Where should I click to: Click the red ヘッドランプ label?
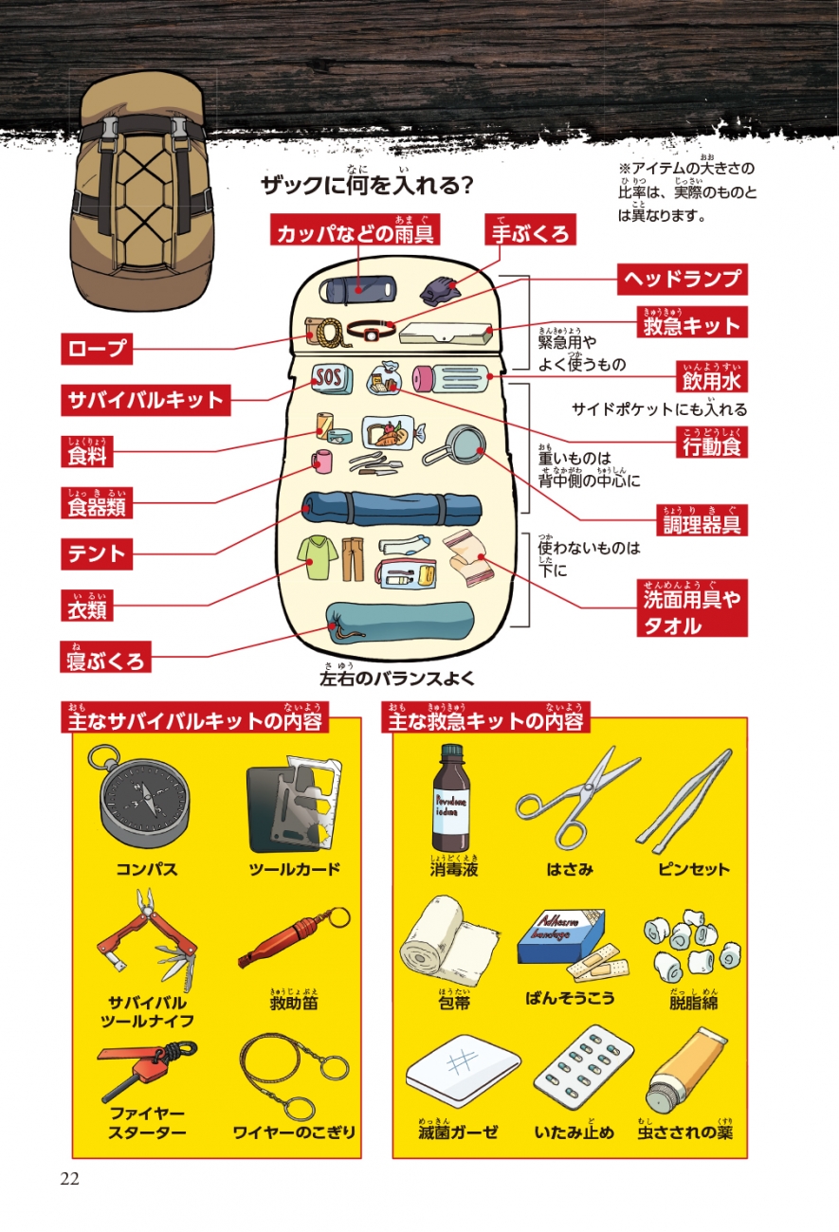[682, 279]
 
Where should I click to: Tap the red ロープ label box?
[97, 349]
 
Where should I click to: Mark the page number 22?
[69, 1178]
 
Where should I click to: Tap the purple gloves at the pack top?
[439, 290]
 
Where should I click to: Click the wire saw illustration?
[290, 1076]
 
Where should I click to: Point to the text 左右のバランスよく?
[397, 679]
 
